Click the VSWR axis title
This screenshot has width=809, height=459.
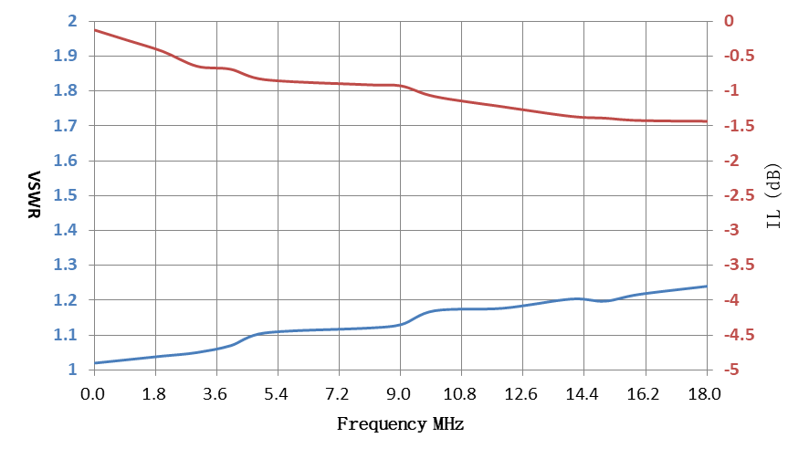34,194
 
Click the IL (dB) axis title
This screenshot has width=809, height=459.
773,195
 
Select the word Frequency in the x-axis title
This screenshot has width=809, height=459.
382,424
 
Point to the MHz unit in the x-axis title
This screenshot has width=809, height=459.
448,424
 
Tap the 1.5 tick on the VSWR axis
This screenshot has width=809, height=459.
66,195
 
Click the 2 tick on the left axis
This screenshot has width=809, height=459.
72,21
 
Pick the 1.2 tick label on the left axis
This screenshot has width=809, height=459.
66,299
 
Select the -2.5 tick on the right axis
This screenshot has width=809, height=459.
739,195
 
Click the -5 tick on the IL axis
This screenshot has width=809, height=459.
731,370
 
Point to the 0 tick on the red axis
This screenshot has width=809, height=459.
729,21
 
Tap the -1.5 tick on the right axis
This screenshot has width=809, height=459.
739,125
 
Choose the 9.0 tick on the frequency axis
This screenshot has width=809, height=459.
399,394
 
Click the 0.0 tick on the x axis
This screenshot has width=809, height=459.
93,394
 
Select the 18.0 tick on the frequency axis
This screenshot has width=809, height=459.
704,394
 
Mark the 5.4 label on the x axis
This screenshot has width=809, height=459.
276,394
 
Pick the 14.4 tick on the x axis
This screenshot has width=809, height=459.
582,394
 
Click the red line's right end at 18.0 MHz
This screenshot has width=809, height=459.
707,121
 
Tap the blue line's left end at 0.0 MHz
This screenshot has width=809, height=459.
94,363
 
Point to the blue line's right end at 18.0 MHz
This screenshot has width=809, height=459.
707,287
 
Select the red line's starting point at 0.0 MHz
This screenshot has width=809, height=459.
94,30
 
